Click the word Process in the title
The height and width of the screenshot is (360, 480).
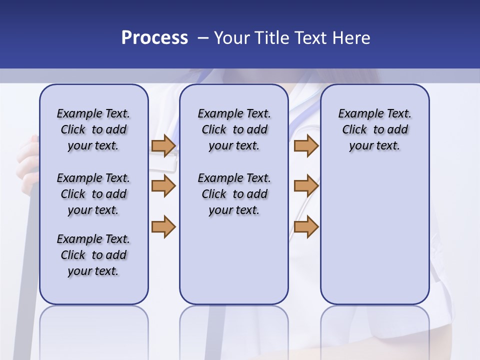tap(154, 38)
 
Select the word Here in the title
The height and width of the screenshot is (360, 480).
tap(351, 38)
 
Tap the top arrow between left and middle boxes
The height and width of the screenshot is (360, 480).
tap(163, 146)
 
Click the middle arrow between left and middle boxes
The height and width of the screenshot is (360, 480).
tap(163, 186)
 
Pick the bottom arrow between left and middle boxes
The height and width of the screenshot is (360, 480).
tap(163, 226)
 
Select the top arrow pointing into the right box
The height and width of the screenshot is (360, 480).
tap(306, 146)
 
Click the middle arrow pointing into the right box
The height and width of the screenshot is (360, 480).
tap(306, 186)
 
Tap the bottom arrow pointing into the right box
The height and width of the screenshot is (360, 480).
tap(306, 226)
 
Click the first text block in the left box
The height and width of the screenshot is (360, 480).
tap(93, 129)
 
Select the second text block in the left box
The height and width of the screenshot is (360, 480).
tap(93, 194)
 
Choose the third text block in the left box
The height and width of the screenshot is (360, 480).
tap(93, 255)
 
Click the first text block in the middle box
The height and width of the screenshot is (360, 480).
tap(234, 129)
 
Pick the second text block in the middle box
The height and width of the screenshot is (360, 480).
tap(234, 194)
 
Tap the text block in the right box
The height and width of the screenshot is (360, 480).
tap(374, 129)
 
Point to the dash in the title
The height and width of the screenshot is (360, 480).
tap(203, 38)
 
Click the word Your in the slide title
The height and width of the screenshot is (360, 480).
tap(231, 38)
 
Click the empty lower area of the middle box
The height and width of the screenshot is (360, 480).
tap(234, 260)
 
